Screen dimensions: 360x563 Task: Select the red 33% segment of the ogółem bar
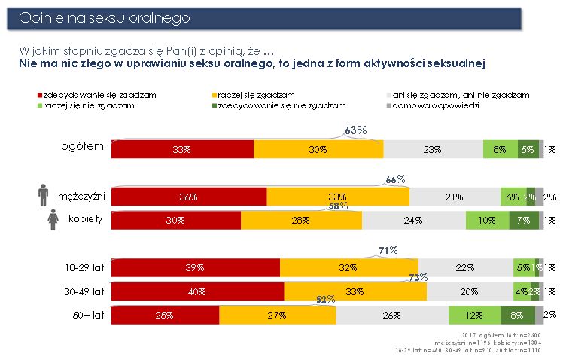point(182,149)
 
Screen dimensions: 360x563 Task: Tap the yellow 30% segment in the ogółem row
point(318,149)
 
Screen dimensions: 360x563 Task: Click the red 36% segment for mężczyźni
point(189,197)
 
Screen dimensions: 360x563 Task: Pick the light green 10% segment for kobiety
point(487,220)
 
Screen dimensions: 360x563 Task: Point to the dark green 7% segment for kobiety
point(524,220)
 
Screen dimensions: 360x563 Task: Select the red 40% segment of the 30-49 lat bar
point(198,291)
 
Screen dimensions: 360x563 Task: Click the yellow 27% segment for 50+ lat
point(277,315)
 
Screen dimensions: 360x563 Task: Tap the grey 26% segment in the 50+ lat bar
point(392,315)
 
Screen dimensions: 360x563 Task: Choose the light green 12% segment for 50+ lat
point(474,315)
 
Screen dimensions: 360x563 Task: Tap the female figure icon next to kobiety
point(53,220)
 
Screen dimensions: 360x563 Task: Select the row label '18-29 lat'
point(84,267)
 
